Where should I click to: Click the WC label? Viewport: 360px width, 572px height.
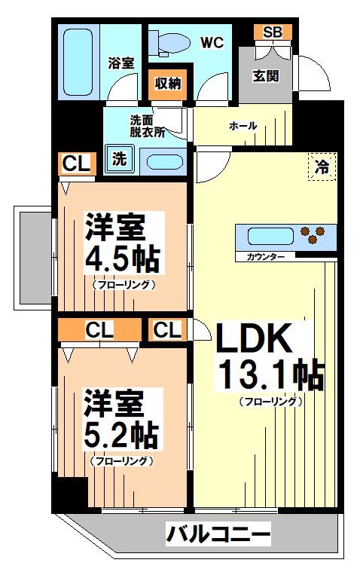click(x=212, y=43)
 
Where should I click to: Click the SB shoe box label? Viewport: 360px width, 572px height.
click(x=272, y=32)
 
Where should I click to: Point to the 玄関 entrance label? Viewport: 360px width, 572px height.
click(x=265, y=75)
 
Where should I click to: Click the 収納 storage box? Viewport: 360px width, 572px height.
click(x=169, y=83)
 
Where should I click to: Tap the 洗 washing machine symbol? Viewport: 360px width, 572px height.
click(x=119, y=159)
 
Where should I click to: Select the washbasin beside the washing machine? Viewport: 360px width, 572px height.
click(x=164, y=161)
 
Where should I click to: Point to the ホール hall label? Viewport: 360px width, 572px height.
click(x=243, y=126)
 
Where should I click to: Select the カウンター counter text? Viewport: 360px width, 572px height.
click(x=265, y=258)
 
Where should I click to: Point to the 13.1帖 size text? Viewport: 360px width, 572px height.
click(x=271, y=375)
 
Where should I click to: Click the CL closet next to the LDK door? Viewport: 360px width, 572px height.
click(x=168, y=329)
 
